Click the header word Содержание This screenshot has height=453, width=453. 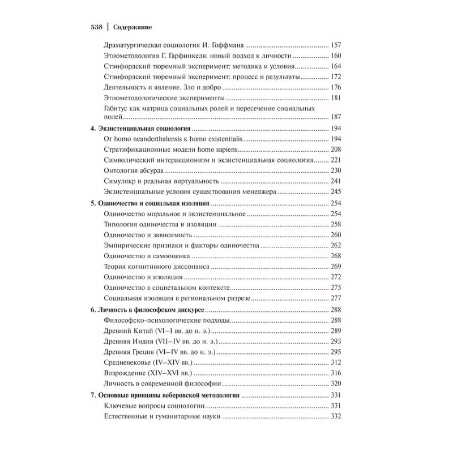pos(135,27)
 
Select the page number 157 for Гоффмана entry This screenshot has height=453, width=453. pos(336,45)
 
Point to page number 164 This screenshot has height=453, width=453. pos(336,66)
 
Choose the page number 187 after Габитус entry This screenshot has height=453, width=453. pos(336,117)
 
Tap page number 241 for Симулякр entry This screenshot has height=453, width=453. pos(336,182)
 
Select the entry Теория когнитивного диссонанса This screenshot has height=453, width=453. pos(158,266)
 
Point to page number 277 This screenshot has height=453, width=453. pos(336,298)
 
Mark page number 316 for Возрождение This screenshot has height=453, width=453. pos(336,373)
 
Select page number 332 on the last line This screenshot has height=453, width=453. pos(336,417)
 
